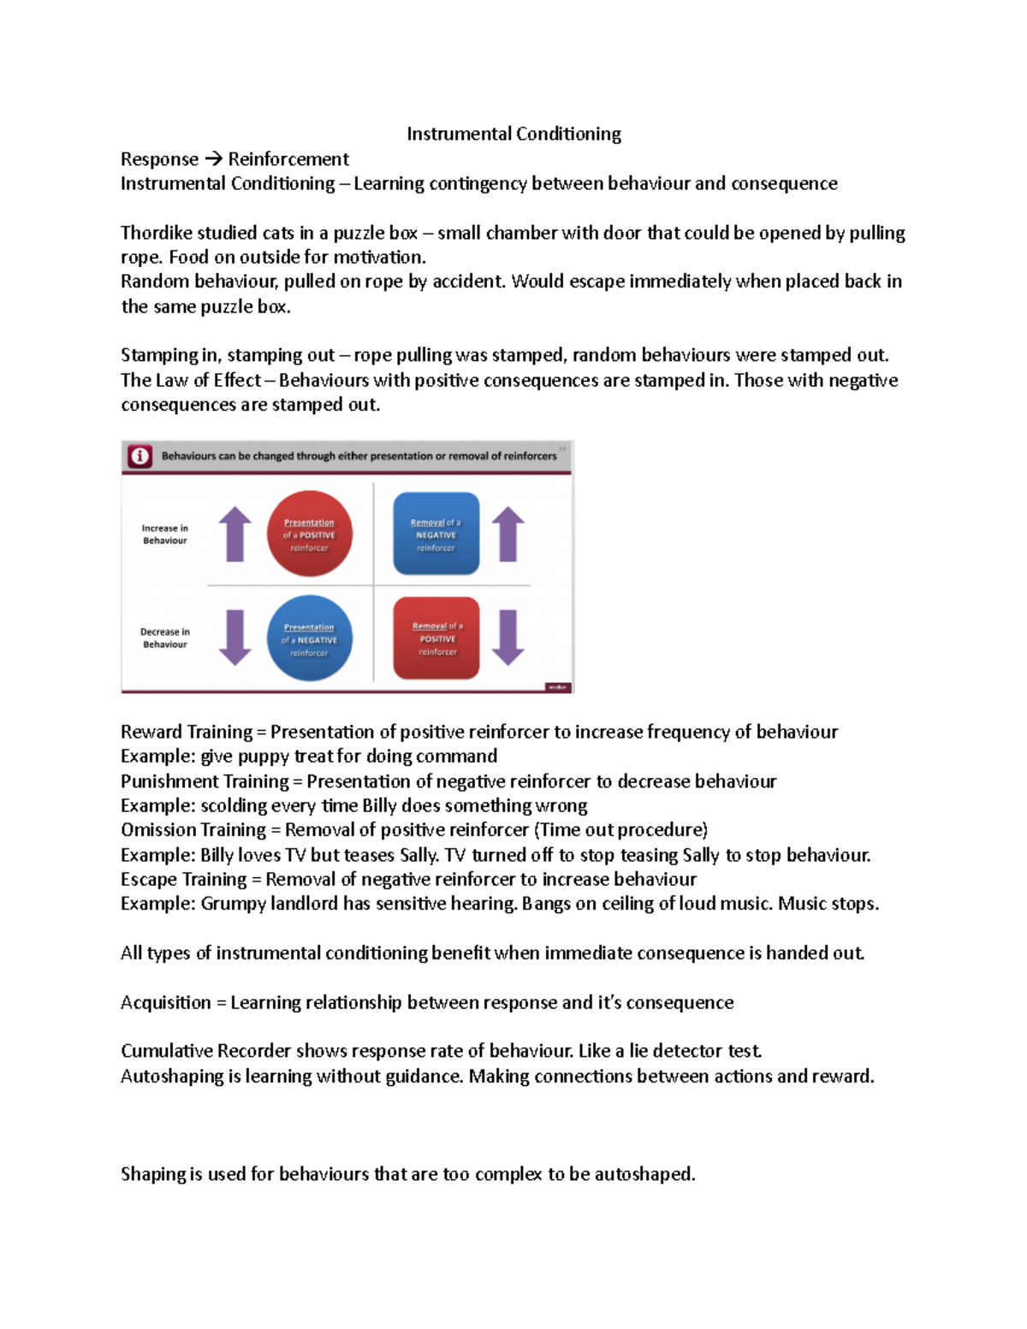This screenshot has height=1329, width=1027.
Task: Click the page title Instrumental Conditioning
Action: (x=513, y=133)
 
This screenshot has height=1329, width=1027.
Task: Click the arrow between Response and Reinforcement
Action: (x=213, y=159)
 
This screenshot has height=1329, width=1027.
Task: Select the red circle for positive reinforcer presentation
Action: (x=309, y=534)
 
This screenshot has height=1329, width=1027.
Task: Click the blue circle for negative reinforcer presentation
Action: (x=309, y=638)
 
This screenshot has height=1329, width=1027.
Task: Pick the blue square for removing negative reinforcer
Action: (x=436, y=534)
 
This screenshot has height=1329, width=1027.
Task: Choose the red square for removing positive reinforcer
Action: (x=436, y=638)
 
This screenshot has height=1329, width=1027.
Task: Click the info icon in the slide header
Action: (x=140, y=456)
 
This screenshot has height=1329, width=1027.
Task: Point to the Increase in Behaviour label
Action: (x=164, y=534)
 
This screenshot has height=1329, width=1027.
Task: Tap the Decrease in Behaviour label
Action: (x=164, y=638)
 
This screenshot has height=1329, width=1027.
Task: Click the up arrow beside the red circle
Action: (x=234, y=534)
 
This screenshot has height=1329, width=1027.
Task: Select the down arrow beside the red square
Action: (x=508, y=638)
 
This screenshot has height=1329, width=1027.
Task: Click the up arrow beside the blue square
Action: (x=508, y=534)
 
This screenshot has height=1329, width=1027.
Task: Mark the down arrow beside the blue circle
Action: (x=234, y=638)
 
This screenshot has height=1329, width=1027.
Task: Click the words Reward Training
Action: (x=186, y=732)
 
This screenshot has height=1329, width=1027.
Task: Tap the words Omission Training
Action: (x=193, y=830)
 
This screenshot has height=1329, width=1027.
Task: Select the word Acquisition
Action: (x=165, y=1002)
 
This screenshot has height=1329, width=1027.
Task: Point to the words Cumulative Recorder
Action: (x=205, y=1051)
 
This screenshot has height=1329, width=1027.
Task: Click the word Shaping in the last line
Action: (x=153, y=1174)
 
